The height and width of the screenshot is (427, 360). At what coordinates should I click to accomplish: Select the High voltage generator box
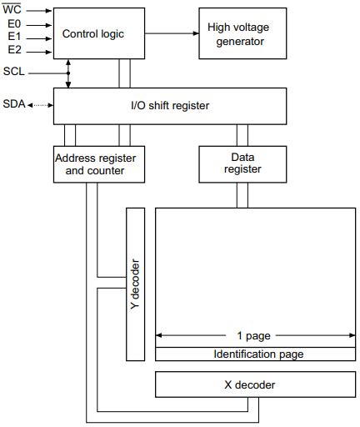(x=238, y=34)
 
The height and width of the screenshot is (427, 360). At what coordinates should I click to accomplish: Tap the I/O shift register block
(x=171, y=105)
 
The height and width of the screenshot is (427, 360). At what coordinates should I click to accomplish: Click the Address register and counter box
(x=94, y=163)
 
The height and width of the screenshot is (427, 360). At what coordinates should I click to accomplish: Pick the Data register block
(x=242, y=163)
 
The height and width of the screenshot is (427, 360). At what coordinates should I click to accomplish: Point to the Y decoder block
(x=135, y=284)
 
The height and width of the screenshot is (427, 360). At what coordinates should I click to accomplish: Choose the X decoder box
(x=249, y=384)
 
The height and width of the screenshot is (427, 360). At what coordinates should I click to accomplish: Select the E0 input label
(x=14, y=24)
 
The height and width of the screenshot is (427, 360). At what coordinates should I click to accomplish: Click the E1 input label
(x=14, y=38)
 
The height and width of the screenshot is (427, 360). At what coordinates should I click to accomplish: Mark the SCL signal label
(x=14, y=72)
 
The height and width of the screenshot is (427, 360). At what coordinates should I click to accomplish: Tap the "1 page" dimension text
(x=254, y=336)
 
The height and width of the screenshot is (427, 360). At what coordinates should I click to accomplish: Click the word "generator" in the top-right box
(x=238, y=41)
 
